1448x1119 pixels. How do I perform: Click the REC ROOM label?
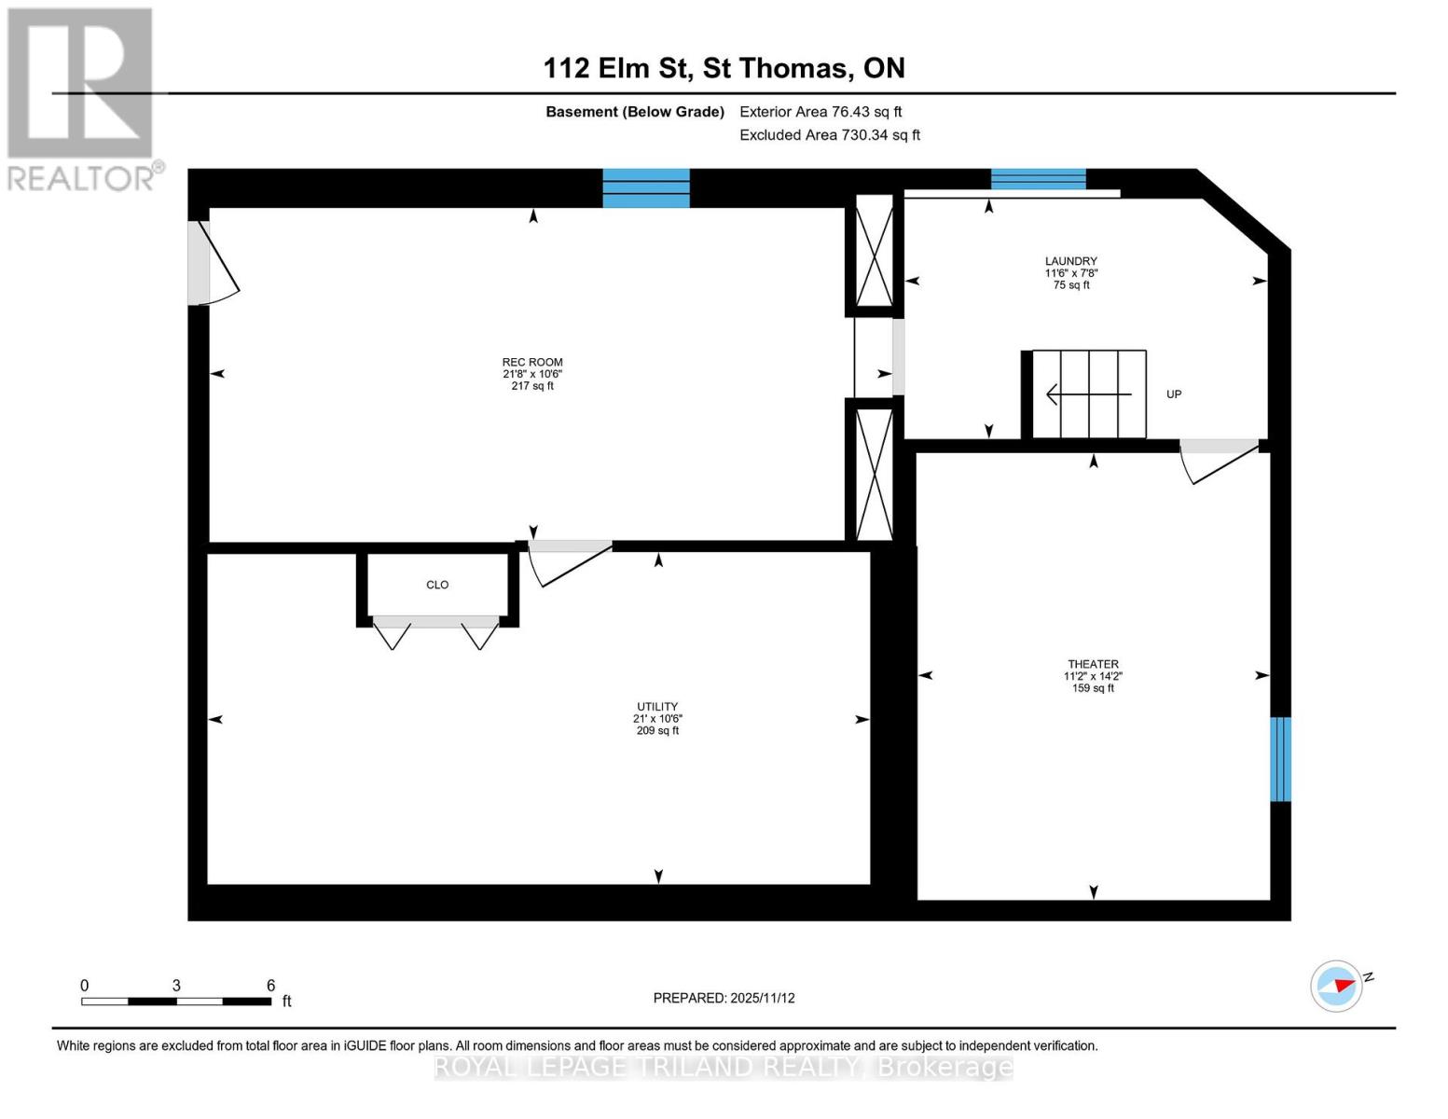pos(532,362)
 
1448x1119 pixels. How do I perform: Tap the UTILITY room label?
pos(657,707)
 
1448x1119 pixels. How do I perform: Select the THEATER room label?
pos(1093,664)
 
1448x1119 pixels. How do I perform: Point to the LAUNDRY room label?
pos(1070,261)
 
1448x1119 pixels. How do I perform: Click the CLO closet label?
pos(437,585)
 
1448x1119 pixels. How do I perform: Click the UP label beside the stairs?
pos(1174,394)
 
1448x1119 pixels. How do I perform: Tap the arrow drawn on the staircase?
pos(1088,394)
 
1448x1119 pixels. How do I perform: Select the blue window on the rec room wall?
pos(646,187)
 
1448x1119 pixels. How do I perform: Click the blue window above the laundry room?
pos(1038,178)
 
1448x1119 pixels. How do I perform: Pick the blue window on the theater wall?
pos(1281,759)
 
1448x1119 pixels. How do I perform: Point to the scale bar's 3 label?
pos(176,986)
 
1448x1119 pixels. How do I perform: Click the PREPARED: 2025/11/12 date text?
pos(724,998)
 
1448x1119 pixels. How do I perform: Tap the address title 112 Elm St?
pos(724,68)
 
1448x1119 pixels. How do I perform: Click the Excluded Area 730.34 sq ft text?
pos(830,135)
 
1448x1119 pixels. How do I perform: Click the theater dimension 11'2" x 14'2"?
pos(1093,676)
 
